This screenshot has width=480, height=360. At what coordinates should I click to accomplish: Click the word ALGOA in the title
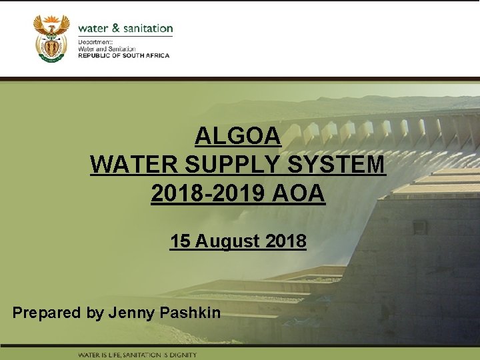[x=238, y=137]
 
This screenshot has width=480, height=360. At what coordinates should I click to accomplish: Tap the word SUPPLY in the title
[x=234, y=165]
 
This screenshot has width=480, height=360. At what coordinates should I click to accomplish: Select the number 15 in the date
[x=179, y=241]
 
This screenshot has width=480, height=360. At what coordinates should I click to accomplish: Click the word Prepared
[x=47, y=312]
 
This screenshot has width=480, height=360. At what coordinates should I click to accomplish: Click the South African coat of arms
[x=51, y=38]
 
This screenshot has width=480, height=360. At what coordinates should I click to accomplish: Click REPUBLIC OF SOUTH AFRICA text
[x=124, y=56]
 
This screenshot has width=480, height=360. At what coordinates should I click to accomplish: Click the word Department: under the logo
[x=95, y=42]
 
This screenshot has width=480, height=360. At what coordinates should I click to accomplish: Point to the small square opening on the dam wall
[x=420, y=228]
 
